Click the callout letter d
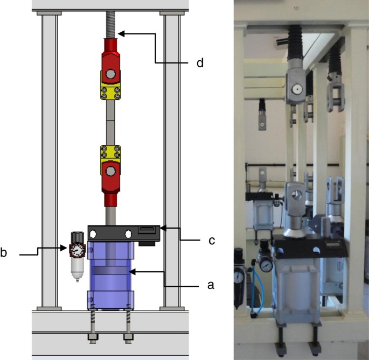tap(200, 63)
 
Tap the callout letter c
tap(212, 241)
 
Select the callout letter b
tap(3, 252)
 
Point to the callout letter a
tap(211, 285)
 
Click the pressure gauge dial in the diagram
tap(77, 250)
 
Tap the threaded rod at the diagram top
tap(110, 25)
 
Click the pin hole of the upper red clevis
tap(110, 74)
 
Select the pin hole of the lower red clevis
tap(110, 171)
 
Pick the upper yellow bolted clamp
tap(110, 93)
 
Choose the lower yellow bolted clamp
tap(110, 152)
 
